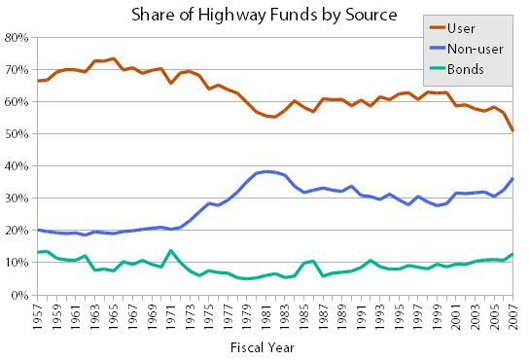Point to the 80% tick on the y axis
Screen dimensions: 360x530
point(17,38)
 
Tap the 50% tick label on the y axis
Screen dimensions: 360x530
point(17,134)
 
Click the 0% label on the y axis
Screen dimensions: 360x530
point(19,295)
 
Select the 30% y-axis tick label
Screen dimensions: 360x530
point(17,198)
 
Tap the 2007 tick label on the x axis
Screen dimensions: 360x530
point(513,315)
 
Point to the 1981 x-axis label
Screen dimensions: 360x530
point(266,315)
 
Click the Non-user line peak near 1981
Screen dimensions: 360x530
point(266,171)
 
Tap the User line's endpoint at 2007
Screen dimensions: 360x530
point(512,130)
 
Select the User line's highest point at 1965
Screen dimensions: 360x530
point(114,58)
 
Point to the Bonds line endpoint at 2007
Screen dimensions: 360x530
point(512,254)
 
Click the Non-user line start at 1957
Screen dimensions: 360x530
point(38,231)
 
